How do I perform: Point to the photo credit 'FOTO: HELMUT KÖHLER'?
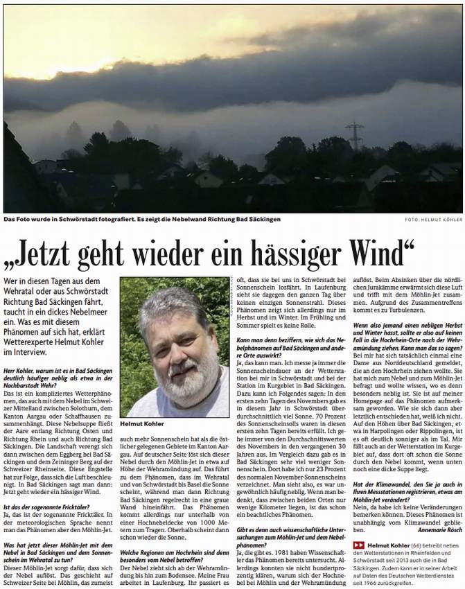pos(432,220)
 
